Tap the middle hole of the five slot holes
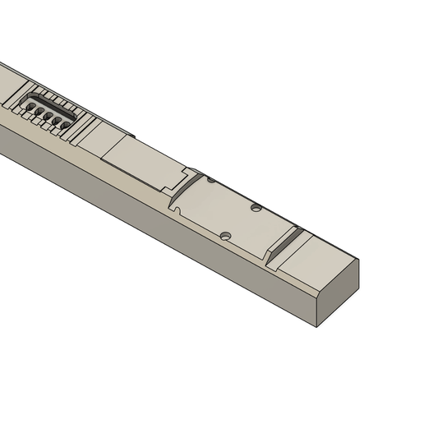48,116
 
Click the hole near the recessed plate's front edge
225,237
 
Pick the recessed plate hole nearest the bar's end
256,208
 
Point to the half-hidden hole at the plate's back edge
211,180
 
